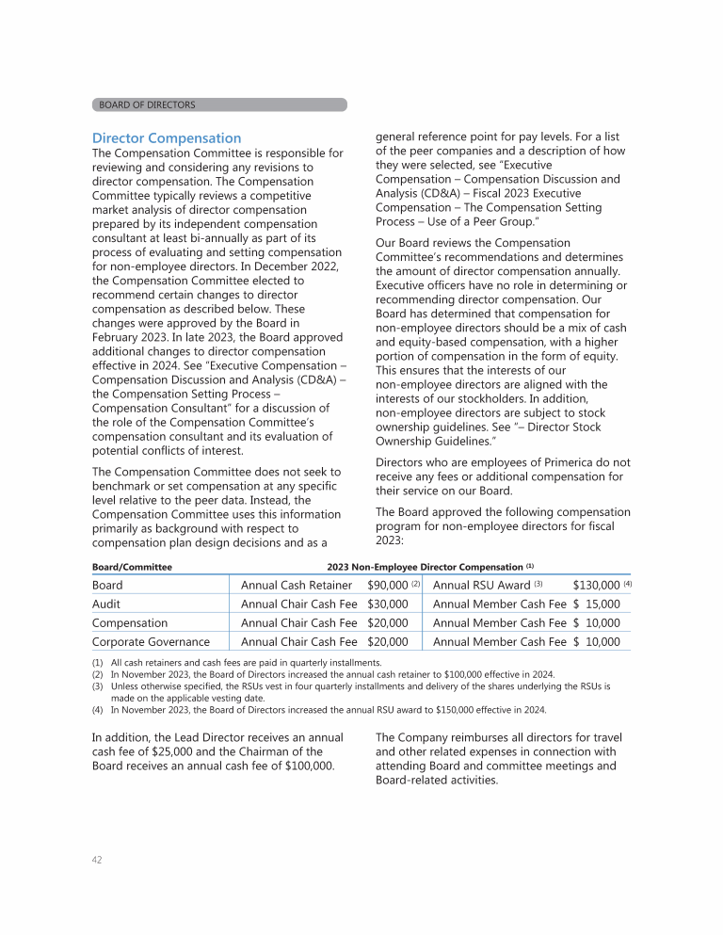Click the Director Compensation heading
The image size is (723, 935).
click(167, 137)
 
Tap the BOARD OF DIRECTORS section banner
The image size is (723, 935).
click(147, 105)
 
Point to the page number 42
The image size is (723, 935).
click(98, 860)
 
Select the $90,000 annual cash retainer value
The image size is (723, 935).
click(387, 585)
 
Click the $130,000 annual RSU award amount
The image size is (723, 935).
click(596, 585)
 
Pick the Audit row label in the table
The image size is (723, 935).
click(107, 604)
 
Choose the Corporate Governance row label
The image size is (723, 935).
click(152, 641)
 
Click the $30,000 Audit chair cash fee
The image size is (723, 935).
click(387, 604)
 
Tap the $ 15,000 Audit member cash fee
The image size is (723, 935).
click(596, 604)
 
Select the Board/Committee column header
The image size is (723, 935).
click(131, 567)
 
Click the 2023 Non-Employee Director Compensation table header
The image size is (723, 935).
click(430, 567)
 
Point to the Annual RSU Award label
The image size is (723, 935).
click(481, 585)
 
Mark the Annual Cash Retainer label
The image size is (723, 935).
click(297, 585)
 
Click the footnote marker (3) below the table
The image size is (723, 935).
click(97, 686)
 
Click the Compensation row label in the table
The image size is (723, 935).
click(130, 622)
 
